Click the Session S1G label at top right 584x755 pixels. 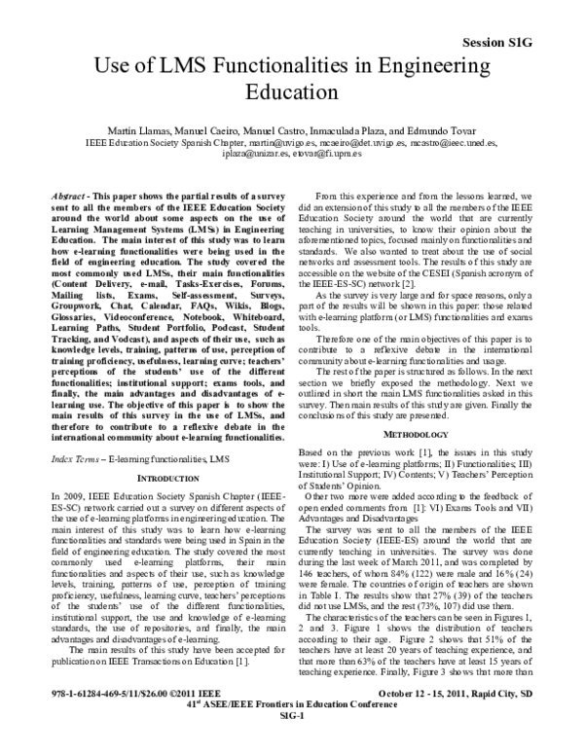526,44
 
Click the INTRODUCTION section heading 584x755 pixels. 161,479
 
